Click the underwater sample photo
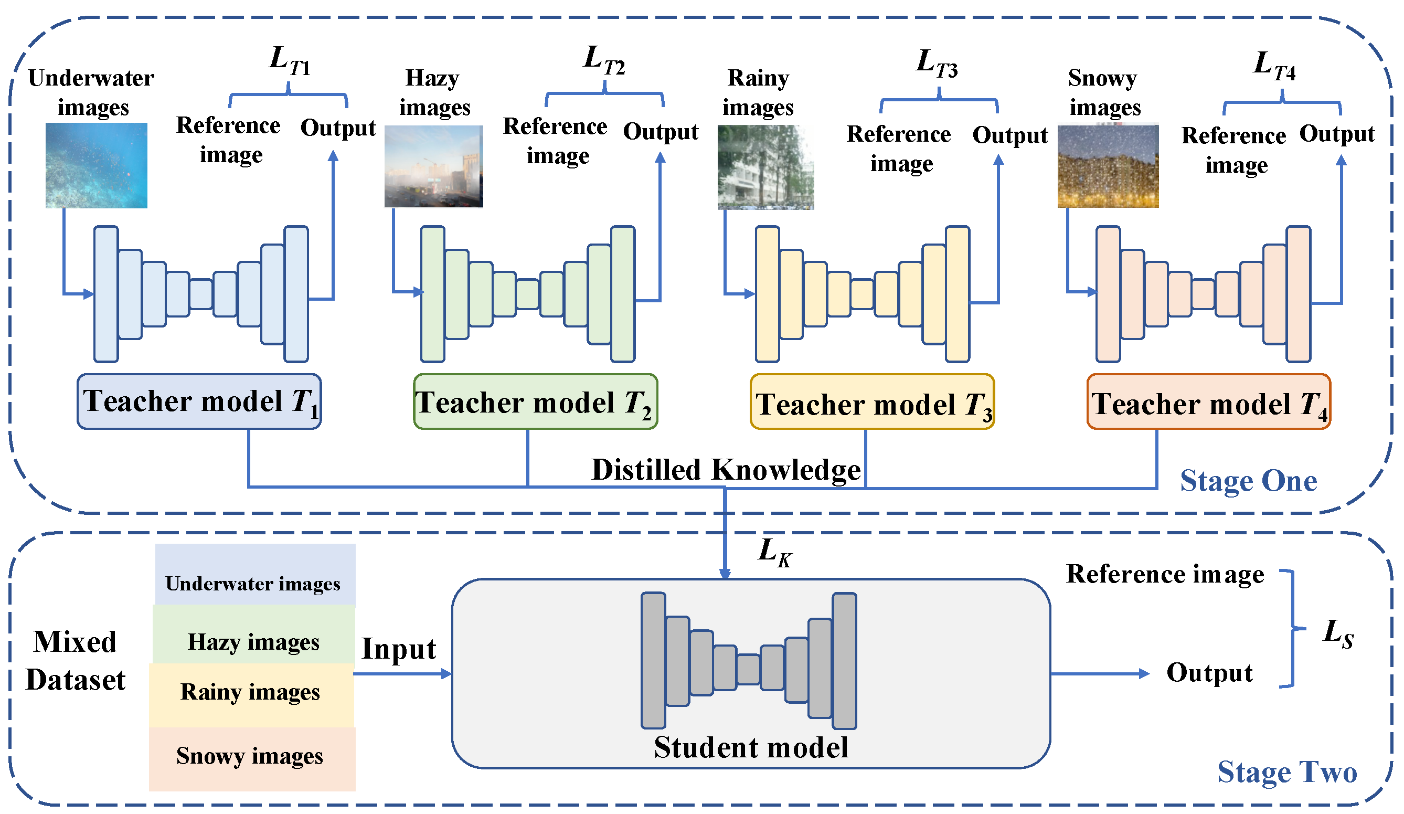[97, 165]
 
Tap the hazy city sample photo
[433, 166]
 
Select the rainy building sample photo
[765, 167]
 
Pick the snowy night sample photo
[1108, 165]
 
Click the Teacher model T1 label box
[199, 401]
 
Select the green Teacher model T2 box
[535, 401]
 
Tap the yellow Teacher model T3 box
[872, 401]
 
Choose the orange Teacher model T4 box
[1208, 401]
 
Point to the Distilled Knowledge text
[726, 470]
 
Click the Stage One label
[1249, 481]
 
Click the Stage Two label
[1287, 772]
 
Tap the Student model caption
[751, 748]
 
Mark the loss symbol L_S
[1338, 633]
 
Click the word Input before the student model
[399, 649]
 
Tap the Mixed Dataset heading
[75, 661]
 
